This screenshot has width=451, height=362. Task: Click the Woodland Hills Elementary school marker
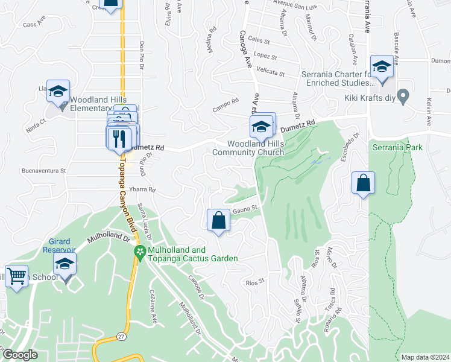tap(58, 91)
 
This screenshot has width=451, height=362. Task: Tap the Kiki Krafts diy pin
tap(404, 96)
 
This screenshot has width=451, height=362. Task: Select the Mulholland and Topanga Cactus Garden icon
tap(140, 252)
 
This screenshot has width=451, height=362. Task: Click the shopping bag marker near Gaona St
tap(218, 220)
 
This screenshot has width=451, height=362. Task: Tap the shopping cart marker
tap(17, 276)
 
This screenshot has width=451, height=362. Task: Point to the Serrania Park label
tap(397, 147)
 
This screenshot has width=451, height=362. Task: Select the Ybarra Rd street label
tap(143, 189)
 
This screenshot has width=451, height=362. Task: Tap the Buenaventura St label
tap(43, 171)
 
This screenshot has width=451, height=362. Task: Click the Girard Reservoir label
tap(58, 246)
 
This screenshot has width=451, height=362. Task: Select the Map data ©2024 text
tap(424, 357)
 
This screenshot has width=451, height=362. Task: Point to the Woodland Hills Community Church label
tap(256, 148)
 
